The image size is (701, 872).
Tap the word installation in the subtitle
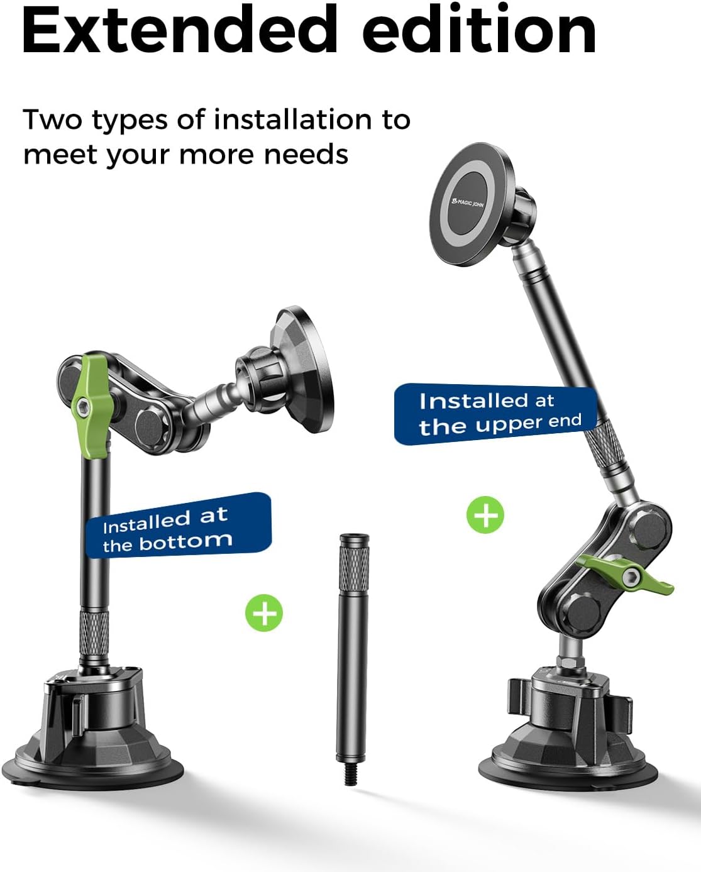[x=293, y=120]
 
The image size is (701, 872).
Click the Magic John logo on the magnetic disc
[x=467, y=202]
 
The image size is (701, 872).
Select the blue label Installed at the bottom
[x=179, y=526]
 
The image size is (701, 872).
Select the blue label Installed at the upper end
[x=495, y=414]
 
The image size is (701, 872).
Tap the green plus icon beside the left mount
[x=264, y=613]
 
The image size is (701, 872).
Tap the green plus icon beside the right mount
[x=485, y=515]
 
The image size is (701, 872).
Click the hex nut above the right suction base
[x=570, y=661]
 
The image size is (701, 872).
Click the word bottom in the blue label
[x=186, y=541]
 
